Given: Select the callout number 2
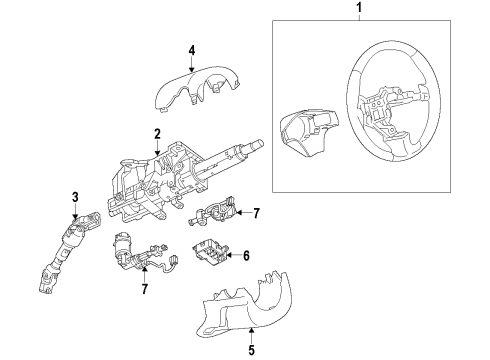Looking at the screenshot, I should click(157, 135).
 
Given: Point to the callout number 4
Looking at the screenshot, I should click(192, 50).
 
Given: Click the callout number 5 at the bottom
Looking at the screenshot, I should click(251, 350).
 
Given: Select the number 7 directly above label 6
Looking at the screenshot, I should click(256, 214).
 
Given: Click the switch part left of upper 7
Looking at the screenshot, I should click(218, 212).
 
